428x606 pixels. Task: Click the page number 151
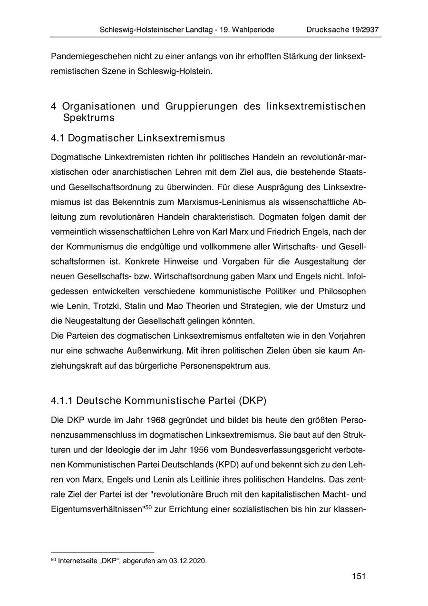(359, 576)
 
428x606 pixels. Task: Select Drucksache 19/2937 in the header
(342, 30)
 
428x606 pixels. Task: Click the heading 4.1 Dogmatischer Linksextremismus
(138, 138)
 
